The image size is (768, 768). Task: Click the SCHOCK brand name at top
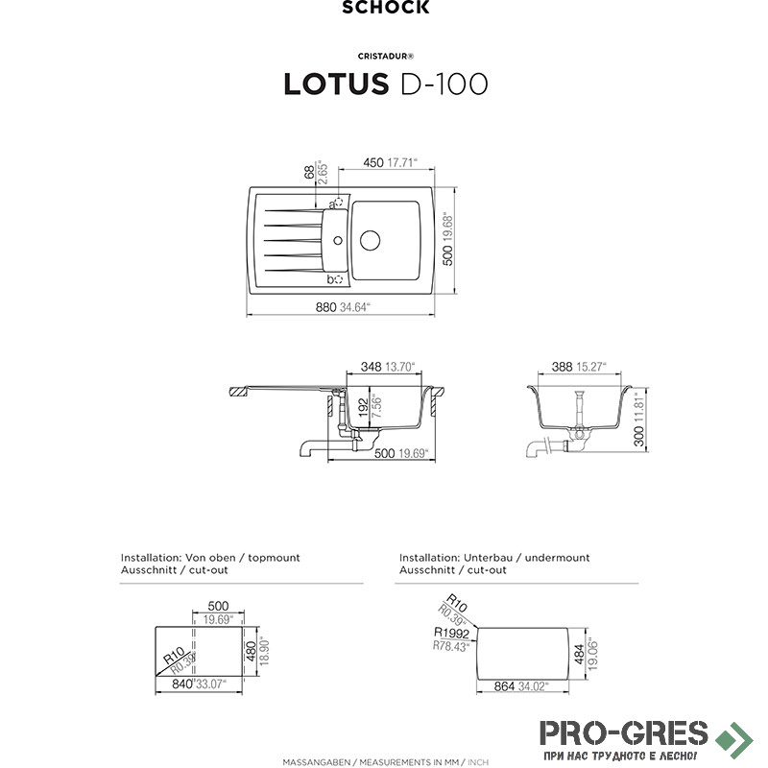[386, 7]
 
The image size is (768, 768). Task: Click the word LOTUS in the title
[336, 84]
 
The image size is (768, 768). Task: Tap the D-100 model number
[444, 84]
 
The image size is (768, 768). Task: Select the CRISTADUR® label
[386, 57]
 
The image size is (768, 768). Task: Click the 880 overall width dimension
[325, 307]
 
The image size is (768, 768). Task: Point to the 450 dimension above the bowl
[373, 162]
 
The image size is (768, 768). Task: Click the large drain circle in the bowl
[371, 241]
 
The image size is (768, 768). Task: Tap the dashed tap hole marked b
[339, 279]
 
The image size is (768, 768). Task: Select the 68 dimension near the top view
[309, 173]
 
